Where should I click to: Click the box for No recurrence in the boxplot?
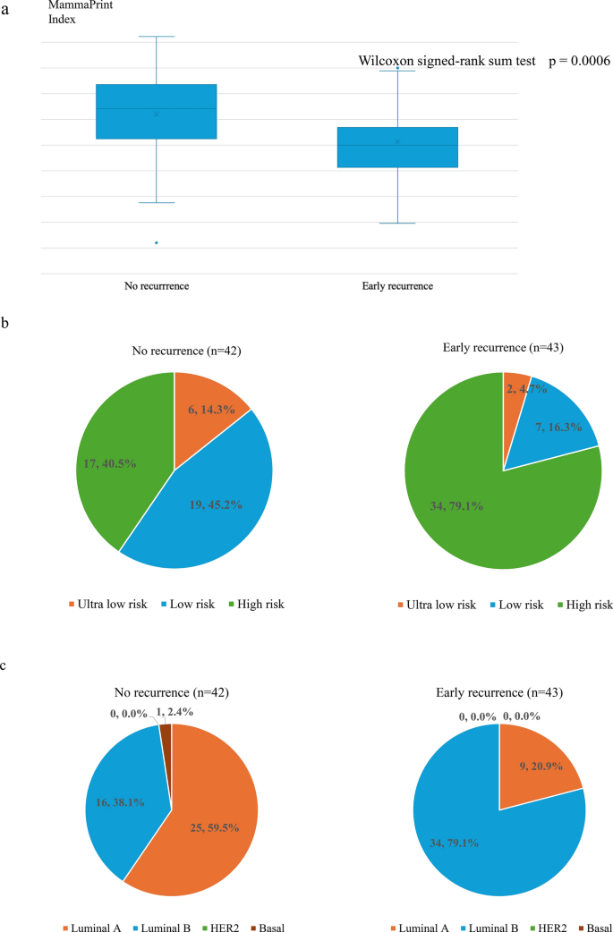tap(157, 112)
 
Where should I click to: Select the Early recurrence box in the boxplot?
tap(397, 148)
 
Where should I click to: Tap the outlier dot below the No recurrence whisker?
tap(157, 242)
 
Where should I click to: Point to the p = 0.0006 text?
tap(579, 61)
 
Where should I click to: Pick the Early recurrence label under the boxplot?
tap(397, 286)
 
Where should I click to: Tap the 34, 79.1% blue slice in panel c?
tap(476, 832)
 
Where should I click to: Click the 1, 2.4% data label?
tap(175, 712)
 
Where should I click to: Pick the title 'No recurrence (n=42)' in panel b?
tap(187, 351)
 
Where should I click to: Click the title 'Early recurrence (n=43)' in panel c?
tap(499, 692)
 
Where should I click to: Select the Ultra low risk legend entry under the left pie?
tap(107, 605)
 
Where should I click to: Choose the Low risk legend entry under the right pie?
tap(515, 606)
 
